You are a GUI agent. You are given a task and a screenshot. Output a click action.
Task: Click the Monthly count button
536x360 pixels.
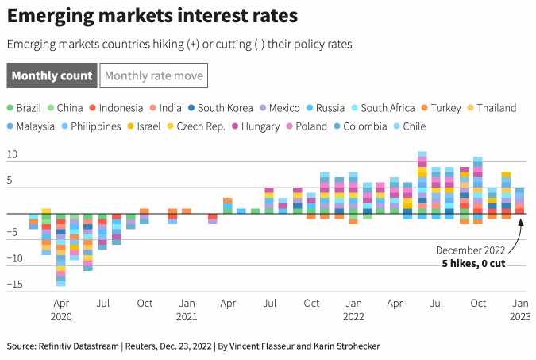(x=52, y=75)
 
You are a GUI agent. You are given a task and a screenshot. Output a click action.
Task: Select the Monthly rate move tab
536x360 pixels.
(x=154, y=75)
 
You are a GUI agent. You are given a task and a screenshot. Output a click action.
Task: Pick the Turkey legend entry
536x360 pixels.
(x=441, y=108)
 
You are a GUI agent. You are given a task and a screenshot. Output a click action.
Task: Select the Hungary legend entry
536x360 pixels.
(x=259, y=126)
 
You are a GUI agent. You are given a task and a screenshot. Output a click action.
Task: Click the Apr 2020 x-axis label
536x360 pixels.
(x=61, y=309)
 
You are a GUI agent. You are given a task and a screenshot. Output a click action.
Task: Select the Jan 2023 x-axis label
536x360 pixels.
(x=519, y=309)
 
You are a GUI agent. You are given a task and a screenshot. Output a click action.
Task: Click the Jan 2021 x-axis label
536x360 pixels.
(x=186, y=309)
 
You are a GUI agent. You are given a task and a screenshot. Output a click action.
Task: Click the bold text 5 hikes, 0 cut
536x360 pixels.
(x=473, y=263)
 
